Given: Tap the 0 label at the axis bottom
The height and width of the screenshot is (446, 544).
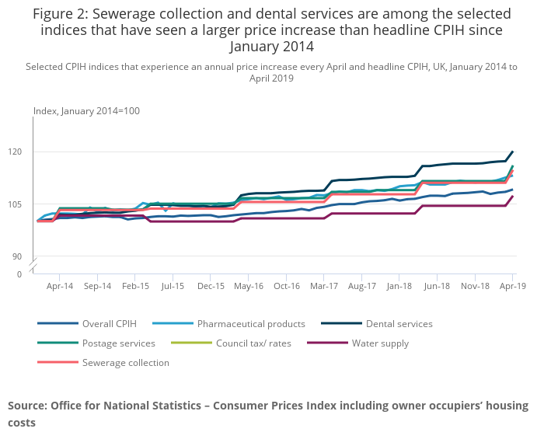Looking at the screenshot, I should point(19,274).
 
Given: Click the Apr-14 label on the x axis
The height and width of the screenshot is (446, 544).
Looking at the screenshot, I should point(59,286).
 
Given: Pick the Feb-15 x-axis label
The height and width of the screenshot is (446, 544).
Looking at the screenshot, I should point(135,286).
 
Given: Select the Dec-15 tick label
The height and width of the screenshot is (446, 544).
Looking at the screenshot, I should point(211,286).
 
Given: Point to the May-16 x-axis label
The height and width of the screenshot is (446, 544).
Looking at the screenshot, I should point(249,286).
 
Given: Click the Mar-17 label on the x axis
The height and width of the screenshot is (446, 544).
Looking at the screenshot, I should point(324,286).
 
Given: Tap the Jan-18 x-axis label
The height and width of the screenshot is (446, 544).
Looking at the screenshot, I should point(399,286).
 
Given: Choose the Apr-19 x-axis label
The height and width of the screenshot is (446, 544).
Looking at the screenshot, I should point(513,286).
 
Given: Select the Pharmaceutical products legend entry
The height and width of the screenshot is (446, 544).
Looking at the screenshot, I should point(251,323).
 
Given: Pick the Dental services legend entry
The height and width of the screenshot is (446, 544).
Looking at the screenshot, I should point(398,323).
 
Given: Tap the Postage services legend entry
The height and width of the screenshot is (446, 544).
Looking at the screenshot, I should point(118,343).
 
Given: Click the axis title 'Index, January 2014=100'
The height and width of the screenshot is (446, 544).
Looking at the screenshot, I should point(86,111).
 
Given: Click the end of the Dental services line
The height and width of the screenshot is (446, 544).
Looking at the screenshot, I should point(513,152).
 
